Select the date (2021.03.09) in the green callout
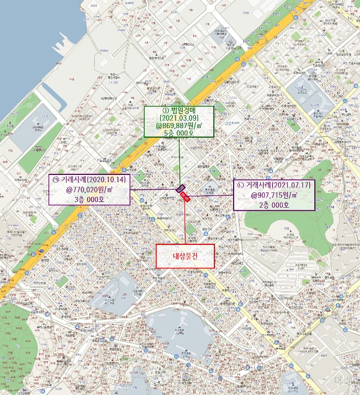click(x=179, y=118)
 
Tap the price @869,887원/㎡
click(x=179, y=126)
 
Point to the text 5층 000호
click(x=179, y=134)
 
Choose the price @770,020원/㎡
click(x=90, y=190)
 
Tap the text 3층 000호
click(x=90, y=199)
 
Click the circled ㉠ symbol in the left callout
click(x=55, y=179)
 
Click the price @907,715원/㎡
click(x=275, y=195)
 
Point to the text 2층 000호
click(x=275, y=205)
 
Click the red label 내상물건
click(x=186, y=256)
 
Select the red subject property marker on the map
click(x=186, y=196)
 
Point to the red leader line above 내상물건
click(x=186, y=223)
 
